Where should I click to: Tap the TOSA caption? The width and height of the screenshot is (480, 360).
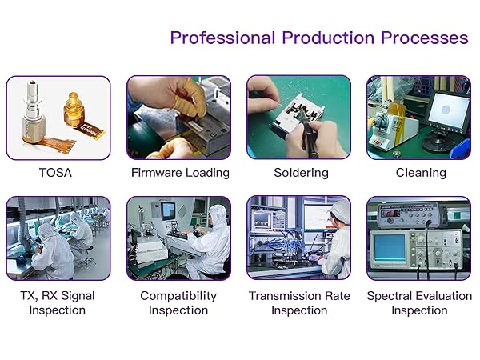click(x=58, y=173)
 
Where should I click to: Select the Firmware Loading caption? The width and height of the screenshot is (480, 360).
click(x=179, y=173)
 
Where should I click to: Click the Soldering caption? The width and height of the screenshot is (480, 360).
click(x=299, y=173)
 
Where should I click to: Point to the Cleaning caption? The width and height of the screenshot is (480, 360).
click(x=419, y=173)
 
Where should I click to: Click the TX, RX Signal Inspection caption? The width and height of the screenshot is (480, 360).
click(x=58, y=302)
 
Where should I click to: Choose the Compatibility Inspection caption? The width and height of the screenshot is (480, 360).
click(x=179, y=302)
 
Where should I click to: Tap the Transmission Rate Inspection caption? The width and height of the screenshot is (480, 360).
click(x=299, y=302)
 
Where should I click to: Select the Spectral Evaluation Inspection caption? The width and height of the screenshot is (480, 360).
click(x=419, y=302)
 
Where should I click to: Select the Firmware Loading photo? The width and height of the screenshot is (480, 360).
click(x=179, y=118)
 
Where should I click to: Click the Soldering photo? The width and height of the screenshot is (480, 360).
click(x=299, y=118)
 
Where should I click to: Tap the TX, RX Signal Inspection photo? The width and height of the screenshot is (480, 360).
click(x=58, y=238)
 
